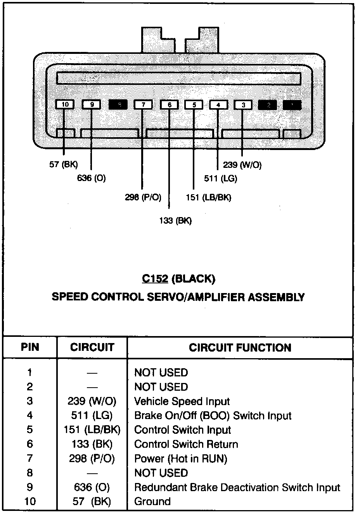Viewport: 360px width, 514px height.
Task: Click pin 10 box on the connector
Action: (65, 105)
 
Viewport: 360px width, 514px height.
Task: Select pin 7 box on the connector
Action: (143, 105)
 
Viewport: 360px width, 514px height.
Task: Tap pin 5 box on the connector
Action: (194, 105)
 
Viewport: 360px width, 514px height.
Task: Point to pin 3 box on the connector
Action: (243, 105)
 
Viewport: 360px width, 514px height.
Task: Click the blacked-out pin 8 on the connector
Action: (118, 105)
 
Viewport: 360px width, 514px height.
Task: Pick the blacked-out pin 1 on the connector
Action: (292, 105)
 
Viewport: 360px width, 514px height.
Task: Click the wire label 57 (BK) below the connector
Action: (63, 164)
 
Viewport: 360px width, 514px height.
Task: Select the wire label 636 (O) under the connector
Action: (91, 178)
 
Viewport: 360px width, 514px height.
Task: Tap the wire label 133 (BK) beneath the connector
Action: (175, 221)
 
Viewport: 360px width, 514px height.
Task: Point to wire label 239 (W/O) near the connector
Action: (242, 165)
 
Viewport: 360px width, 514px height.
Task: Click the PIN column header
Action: (30, 347)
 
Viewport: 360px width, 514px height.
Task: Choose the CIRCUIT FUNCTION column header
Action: (240, 347)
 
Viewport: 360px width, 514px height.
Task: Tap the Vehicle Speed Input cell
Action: (182, 402)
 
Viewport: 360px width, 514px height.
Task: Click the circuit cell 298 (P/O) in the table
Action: (92, 459)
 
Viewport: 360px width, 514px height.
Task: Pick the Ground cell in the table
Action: (152, 502)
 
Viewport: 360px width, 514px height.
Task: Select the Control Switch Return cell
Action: (186, 444)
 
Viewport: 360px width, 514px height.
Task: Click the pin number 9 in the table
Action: (30, 487)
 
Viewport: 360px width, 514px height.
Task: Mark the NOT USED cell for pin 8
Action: (161, 473)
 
